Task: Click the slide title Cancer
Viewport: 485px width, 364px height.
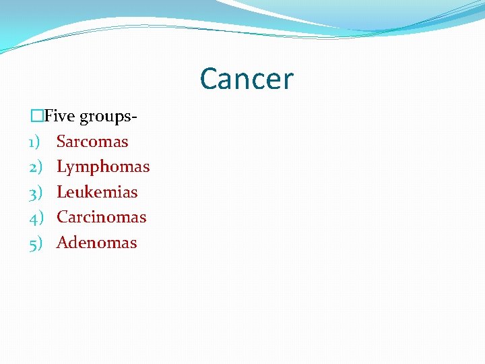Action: point(247,79)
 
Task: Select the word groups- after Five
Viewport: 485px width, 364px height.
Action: point(108,117)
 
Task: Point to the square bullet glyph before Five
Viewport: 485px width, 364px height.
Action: point(36,116)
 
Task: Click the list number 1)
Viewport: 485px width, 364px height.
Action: point(36,142)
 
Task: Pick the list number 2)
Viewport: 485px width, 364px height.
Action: point(36,166)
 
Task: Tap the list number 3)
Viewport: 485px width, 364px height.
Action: point(36,192)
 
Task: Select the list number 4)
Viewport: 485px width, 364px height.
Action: point(36,217)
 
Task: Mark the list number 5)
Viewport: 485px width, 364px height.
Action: point(36,243)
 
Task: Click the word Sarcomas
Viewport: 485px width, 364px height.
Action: point(92,142)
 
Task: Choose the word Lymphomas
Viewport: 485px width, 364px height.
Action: point(103,167)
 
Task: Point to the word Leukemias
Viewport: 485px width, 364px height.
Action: point(97,192)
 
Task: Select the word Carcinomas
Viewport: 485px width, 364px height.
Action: point(102,217)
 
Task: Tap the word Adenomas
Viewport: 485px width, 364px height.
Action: point(97,243)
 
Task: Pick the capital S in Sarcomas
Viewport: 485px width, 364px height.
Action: point(61,142)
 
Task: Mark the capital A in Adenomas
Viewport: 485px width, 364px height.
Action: point(62,243)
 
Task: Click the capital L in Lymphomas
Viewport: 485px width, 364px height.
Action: point(61,166)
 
